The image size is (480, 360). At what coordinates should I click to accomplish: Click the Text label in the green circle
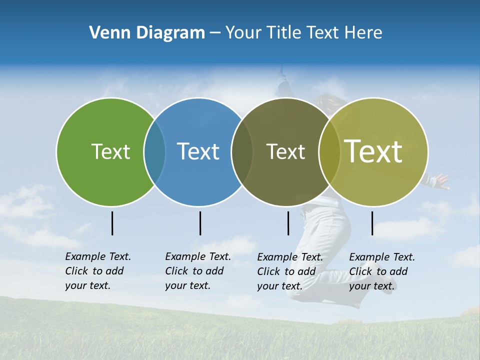pyautogui.click(x=110, y=151)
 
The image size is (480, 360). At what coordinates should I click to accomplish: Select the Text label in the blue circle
pyautogui.click(x=198, y=151)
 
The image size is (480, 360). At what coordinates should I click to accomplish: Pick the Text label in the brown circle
pyautogui.click(x=285, y=151)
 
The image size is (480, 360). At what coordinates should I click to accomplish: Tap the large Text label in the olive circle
pyautogui.click(x=373, y=151)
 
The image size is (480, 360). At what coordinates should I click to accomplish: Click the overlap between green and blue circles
pyautogui.click(x=154, y=151)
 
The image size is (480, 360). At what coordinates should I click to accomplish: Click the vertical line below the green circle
pyautogui.click(x=112, y=223)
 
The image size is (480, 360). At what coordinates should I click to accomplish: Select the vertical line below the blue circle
pyautogui.click(x=200, y=223)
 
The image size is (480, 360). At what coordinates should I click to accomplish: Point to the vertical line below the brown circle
pyautogui.click(x=288, y=223)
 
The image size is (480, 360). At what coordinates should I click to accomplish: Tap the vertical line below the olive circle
pyautogui.click(x=372, y=223)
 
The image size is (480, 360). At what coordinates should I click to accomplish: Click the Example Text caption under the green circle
pyautogui.click(x=97, y=271)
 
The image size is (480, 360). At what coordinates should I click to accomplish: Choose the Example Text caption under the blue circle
pyautogui.click(x=197, y=271)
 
